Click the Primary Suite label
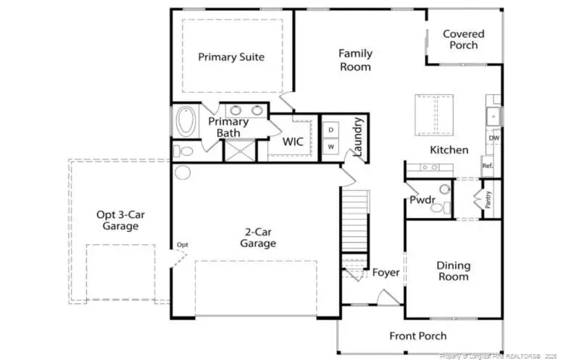tap(231, 57)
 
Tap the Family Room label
tap(356, 60)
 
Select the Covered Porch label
tap(464, 40)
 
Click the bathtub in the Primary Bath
tap(186, 121)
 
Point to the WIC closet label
tap(293, 141)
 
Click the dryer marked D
tap(331, 130)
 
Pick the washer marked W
tap(331, 146)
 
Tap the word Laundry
tap(358, 137)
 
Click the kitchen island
tap(434, 115)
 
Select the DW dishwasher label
tap(494, 138)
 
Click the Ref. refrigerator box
tap(488, 166)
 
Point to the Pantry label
tap(488, 200)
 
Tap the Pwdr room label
tap(422, 200)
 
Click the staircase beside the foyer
tap(355, 221)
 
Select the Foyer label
tap(385, 273)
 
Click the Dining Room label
tap(453, 271)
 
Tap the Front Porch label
tap(418, 336)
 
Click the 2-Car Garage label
tap(258, 238)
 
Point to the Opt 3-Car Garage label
tap(120, 220)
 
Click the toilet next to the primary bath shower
tap(183, 151)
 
